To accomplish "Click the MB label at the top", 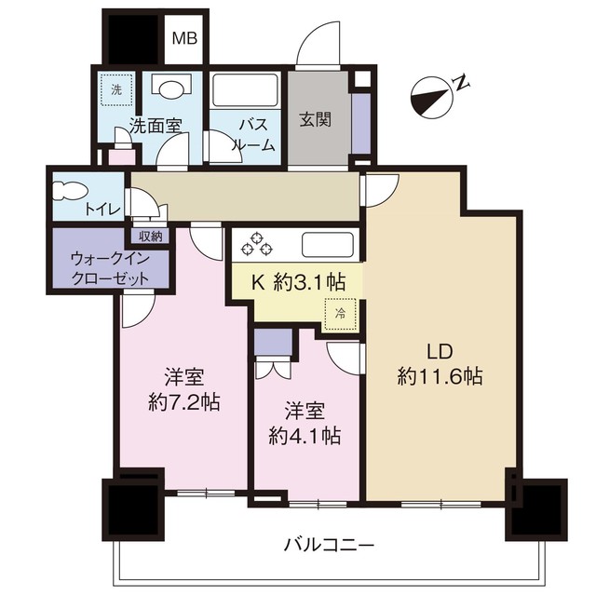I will (x=183, y=40).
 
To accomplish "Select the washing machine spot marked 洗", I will (x=116, y=90).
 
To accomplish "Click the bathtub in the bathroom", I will (x=244, y=90).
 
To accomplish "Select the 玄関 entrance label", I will (x=312, y=119).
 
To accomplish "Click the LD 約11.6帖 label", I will (x=439, y=365).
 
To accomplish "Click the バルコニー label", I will (x=329, y=542).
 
